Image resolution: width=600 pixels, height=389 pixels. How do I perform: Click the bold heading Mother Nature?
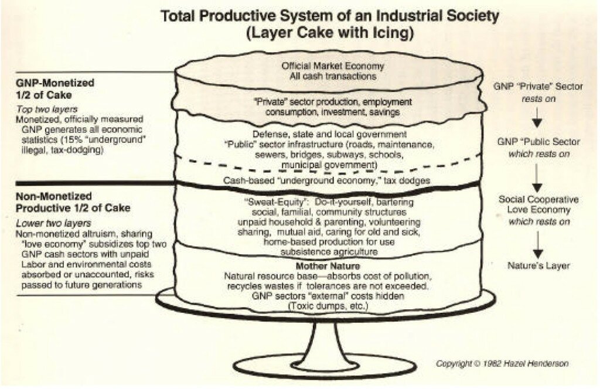tap(328, 266)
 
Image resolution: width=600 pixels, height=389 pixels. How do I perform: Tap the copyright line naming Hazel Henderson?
tap(502, 363)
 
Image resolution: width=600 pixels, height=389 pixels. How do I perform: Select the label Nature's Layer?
tap(538, 265)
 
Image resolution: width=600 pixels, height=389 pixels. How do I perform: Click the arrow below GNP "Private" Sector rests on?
tap(538, 117)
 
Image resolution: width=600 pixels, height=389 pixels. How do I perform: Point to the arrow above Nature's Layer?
tap(538, 245)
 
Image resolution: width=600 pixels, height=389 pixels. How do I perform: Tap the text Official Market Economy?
tap(333, 66)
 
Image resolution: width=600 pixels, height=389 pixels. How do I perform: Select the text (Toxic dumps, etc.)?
tap(328, 306)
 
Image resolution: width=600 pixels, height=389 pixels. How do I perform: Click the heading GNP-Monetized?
tap(55, 83)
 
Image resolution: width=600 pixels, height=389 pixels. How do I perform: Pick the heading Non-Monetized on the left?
tap(54, 197)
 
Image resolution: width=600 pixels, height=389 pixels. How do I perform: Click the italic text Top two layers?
tap(47, 109)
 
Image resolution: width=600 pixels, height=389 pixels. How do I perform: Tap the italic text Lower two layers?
tap(53, 223)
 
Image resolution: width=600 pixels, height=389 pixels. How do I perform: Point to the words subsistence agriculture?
tap(329, 252)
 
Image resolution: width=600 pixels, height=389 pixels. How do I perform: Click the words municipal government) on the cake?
tap(329, 165)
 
